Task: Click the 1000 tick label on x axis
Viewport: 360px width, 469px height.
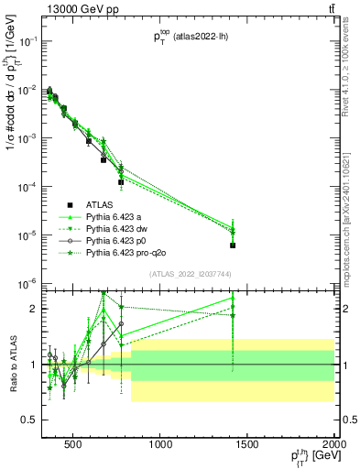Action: pyautogui.click(x=160, y=446)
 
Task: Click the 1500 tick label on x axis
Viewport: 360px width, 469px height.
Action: pyautogui.click(x=247, y=446)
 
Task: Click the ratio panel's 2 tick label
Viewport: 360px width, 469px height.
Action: pyautogui.click(x=32, y=309)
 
